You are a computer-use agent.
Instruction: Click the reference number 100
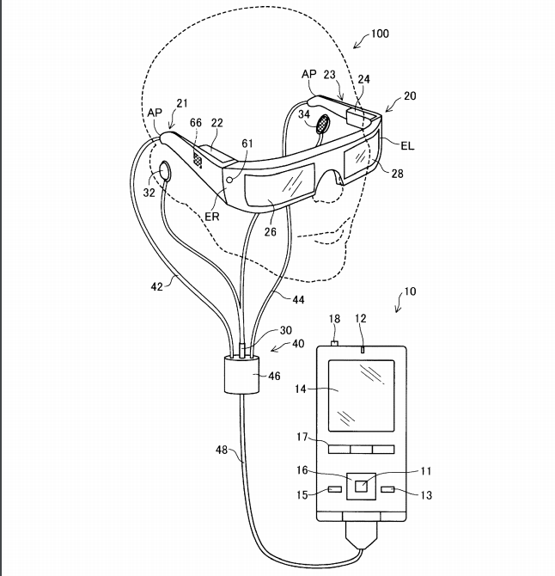click(x=380, y=34)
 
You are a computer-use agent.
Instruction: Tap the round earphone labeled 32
click(x=164, y=171)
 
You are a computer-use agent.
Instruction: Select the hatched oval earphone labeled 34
click(x=323, y=123)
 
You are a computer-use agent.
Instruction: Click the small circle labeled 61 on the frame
click(x=230, y=180)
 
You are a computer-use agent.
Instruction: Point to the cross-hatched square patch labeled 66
click(x=198, y=159)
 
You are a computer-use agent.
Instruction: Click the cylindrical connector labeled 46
click(x=242, y=375)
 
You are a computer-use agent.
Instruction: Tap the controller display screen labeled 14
click(x=361, y=395)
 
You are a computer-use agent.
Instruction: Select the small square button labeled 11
click(x=361, y=487)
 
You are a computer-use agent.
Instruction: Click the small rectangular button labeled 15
click(x=335, y=489)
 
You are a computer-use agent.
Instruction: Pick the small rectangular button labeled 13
click(x=388, y=489)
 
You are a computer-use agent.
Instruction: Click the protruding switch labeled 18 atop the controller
click(x=334, y=344)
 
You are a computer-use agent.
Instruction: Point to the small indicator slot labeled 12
click(x=363, y=349)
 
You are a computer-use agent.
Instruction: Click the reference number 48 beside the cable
click(x=222, y=450)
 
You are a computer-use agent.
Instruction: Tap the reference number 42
click(x=156, y=286)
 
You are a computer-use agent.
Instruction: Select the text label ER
click(x=212, y=217)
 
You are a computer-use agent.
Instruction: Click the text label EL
click(x=407, y=146)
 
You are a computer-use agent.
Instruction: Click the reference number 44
click(x=298, y=300)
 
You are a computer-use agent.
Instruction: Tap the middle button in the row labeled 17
click(x=361, y=450)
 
